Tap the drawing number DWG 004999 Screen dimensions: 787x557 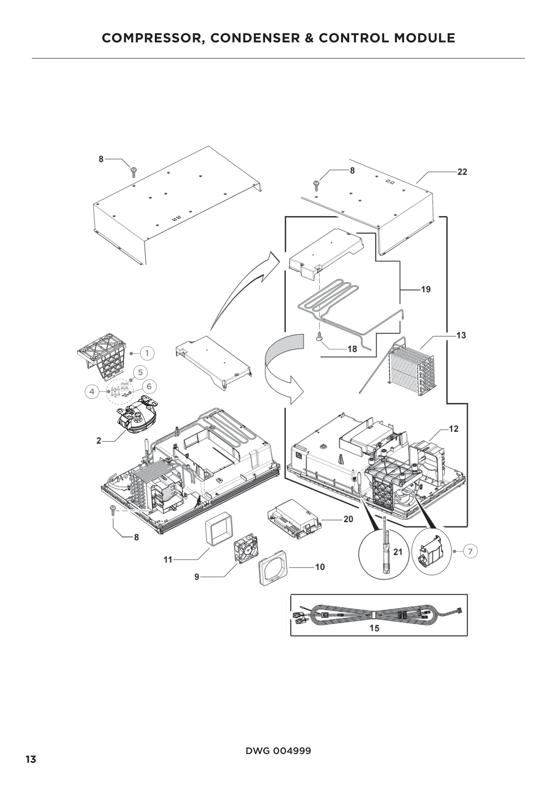[278, 751]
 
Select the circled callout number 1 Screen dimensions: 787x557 [148, 353]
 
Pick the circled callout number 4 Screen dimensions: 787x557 [92, 391]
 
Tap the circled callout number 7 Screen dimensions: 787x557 [470, 551]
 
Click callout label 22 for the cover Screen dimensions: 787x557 [462, 172]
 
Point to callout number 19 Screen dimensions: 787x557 [426, 290]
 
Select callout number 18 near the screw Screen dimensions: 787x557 [352, 349]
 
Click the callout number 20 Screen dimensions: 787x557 [348, 519]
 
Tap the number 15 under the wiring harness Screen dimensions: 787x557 [374, 628]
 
